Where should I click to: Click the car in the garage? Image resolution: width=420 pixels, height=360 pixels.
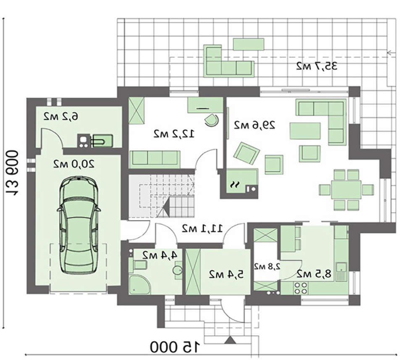tap(79, 226)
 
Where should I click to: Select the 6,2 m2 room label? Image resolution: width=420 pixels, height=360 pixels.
tap(61, 117)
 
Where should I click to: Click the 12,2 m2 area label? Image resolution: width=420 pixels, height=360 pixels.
tap(174, 134)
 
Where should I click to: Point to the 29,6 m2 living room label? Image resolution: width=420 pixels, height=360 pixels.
tap(255, 125)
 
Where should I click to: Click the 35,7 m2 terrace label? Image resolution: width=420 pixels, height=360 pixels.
tap(317, 66)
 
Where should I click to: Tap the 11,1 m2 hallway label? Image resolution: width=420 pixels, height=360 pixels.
tap(202, 229)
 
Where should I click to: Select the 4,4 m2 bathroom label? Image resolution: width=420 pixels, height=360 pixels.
tap(160, 255)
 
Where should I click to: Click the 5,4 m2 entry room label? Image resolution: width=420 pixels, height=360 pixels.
tap(226, 274)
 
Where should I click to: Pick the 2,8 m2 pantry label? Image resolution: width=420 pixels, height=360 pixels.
tap(267, 266)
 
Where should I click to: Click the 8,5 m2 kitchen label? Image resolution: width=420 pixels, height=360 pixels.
tap(314, 274)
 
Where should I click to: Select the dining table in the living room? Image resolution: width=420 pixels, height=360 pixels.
tap(346, 189)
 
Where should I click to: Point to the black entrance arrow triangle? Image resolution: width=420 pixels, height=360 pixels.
tap(230, 340)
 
